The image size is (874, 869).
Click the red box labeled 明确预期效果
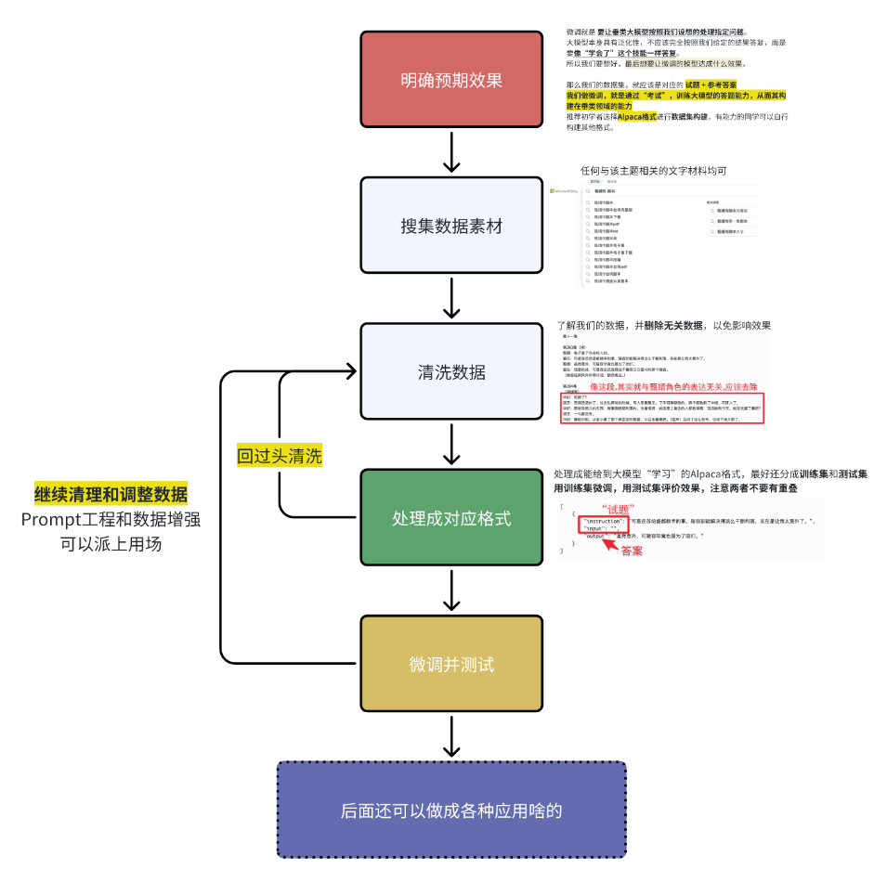[x=450, y=80]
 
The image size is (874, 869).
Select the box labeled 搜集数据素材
[x=450, y=226]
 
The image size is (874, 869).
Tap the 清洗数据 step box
[x=450, y=372]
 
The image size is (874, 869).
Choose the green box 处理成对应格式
[x=450, y=518]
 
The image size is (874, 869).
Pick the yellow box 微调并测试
[x=450, y=665]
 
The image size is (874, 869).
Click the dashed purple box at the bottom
[x=450, y=810]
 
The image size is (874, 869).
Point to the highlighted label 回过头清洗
[x=280, y=456]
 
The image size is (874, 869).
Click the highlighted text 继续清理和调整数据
[x=111, y=494]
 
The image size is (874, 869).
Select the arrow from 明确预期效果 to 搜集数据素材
[x=451, y=151]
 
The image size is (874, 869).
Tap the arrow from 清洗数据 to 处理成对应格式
[x=451, y=444]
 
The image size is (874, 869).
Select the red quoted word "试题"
[x=617, y=508]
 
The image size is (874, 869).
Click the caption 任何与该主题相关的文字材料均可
[x=653, y=171]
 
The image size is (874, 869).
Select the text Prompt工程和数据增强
[x=111, y=519]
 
